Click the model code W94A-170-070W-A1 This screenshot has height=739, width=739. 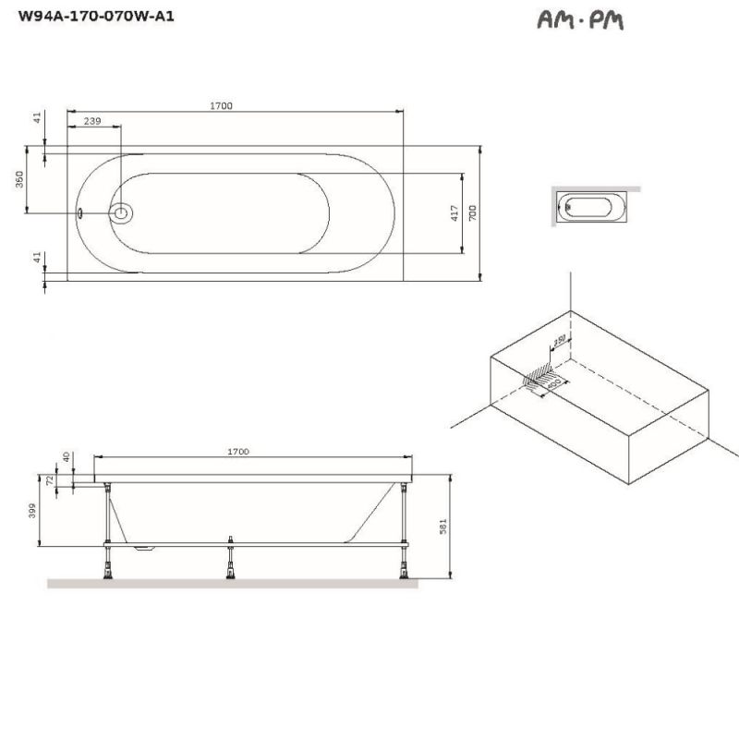[90, 16]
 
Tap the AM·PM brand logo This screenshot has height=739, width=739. [579, 19]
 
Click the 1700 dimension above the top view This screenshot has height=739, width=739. [221, 105]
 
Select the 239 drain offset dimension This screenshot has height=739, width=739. [92, 121]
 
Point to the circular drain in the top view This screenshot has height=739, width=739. [121, 213]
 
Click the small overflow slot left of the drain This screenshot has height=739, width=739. [81, 213]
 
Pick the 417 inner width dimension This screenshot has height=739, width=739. [454, 213]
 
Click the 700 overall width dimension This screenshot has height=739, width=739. [472, 212]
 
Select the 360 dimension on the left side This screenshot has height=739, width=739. [19, 179]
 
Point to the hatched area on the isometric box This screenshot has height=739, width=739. [541, 379]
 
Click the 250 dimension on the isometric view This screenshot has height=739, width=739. [559, 341]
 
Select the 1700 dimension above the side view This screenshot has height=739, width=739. [238, 451]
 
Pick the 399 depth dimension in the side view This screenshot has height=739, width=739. [32, 511]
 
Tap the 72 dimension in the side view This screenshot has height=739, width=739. [50, 481]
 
